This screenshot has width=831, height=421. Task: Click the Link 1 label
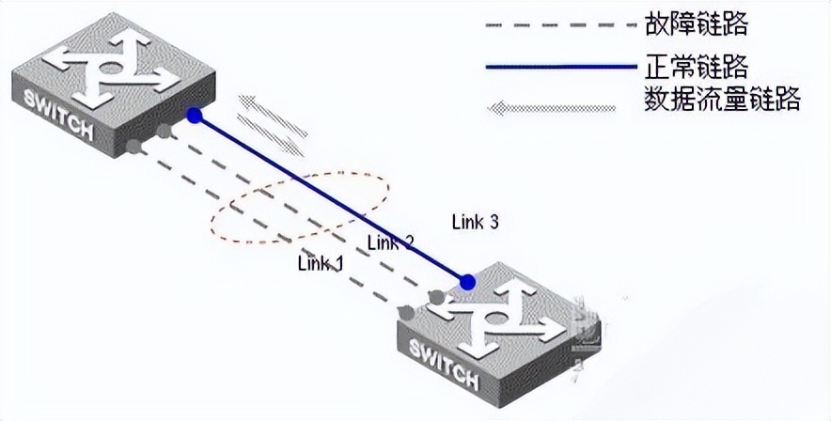tap(321, 262)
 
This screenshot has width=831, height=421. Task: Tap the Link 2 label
tap(390, 242)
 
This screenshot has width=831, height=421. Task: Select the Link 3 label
tap(475, 223)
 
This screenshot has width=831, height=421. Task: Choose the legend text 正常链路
tap(697, 66)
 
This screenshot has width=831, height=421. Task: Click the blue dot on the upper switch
tap(194, 116)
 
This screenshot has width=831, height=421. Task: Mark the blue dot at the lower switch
tap(467, 282)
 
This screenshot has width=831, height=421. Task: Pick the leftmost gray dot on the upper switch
tap(135, 146)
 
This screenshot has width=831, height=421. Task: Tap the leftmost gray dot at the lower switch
tap(405, 311)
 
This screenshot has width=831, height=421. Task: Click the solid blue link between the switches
tap(329, 197)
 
